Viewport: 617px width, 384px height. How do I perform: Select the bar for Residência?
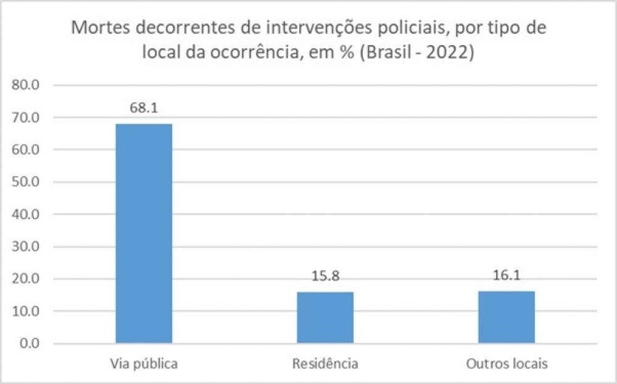[325, 317]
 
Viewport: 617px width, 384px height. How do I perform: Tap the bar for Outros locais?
[507, 317]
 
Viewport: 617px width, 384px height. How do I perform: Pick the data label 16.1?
[507, 276]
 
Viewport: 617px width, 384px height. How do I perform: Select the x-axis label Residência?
[325, 363]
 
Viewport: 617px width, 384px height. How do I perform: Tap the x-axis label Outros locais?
[507, 363]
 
